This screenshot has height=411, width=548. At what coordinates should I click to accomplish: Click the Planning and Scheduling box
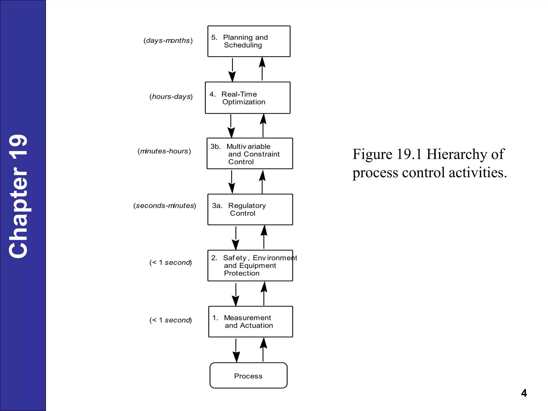click(249, 41)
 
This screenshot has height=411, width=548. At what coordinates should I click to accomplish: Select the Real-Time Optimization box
click(248, 98)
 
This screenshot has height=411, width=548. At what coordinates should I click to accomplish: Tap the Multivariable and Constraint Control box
click(250, 154)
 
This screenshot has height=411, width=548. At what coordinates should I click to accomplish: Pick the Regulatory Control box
click(250, 210)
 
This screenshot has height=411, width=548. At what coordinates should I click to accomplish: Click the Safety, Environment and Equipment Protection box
click(250, 265)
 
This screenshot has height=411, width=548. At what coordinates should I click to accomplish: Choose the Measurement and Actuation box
click(250, 321)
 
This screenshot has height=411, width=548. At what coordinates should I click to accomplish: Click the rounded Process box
click(248, 375)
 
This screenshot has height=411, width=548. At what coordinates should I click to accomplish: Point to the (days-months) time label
click(168, 41)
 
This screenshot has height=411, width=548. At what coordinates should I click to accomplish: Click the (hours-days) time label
click(171, 97)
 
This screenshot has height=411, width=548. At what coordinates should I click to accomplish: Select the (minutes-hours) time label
click(164, 151)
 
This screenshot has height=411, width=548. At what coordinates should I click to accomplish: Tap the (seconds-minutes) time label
click(165, 206)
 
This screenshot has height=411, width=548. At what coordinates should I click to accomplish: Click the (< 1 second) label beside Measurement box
click(171, 320)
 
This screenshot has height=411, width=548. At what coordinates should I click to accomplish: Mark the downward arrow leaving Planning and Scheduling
click(232, 70)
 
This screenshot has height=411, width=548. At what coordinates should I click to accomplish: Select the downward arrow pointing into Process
click(236, 350)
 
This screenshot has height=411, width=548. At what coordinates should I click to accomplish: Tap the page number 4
click(524, 393)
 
